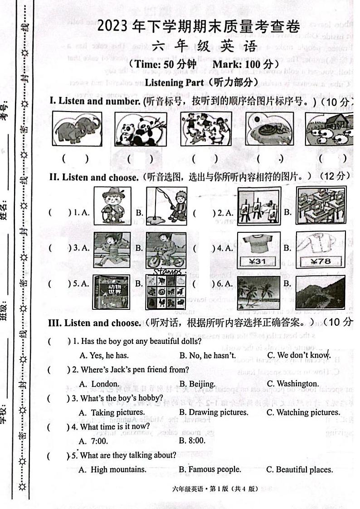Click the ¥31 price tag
pos(260,261)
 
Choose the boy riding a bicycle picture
pos(166,250)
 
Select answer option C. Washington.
pos(292,384)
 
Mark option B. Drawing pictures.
pos(214,412)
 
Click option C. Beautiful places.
pos(299,470)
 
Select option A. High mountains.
pos(112,470)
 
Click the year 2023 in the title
pos(113,28)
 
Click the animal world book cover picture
pos(112,293)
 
